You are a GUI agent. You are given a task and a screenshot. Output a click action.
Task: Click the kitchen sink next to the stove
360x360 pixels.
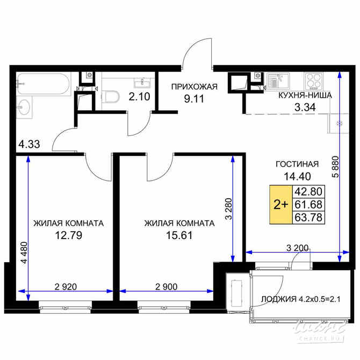tap(278, 81)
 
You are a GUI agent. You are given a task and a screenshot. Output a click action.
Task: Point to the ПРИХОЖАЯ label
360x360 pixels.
tap(194, 87)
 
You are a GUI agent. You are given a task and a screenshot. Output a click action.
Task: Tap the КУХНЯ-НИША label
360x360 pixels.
tap(305, 95)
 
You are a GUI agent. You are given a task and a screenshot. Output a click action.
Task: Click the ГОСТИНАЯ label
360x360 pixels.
tap(297, 164)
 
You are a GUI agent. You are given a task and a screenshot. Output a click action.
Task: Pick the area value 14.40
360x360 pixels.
tap(297, 176)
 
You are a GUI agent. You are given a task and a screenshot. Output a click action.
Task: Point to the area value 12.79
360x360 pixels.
tap(68, 235)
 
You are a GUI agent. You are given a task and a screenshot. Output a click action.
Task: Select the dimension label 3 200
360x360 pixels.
tap(298, 247)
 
